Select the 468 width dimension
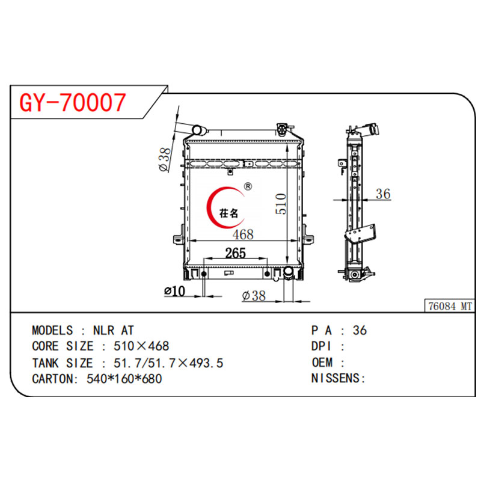pos(243,234)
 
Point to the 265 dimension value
pos(235,253)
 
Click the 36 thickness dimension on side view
pos(383,194)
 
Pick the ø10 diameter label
pos(174,292)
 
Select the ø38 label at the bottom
pos(253,296)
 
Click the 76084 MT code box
pos(449,306)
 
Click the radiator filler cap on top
pos(282,129)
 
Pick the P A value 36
pos(360,330)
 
